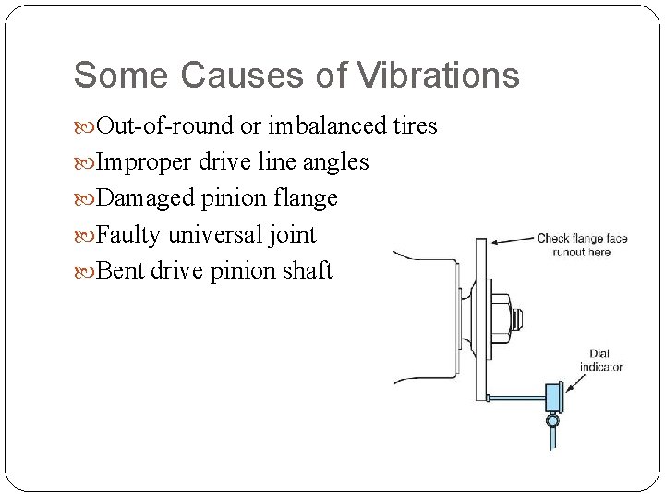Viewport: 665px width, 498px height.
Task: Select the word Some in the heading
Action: [x=119, y=76]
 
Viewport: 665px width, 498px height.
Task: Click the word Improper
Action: [x=142, y=162]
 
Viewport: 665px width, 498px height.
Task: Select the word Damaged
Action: [x=144, y=198]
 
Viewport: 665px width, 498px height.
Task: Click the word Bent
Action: [x=117, y=271]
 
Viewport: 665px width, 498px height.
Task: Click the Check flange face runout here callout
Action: [x=582, y=245]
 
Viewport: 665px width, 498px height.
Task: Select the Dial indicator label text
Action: [x=600, y=360]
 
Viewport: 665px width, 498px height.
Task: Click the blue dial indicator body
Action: [x=554, y=397]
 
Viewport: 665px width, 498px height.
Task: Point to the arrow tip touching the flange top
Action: [x=489, y=242]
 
